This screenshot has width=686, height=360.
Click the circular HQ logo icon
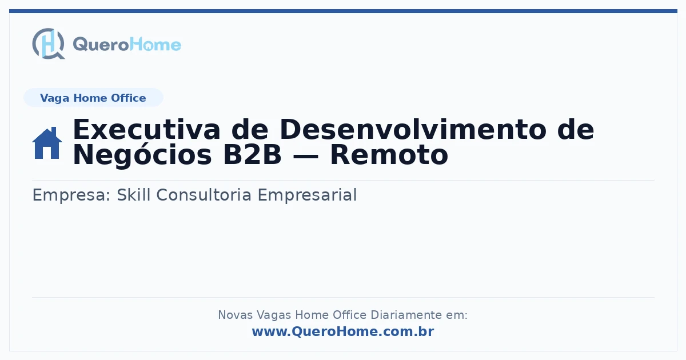(x=49, y=43)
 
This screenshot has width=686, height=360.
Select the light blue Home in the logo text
(x=155, y=45)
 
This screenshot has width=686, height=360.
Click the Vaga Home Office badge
(x=93, y=98)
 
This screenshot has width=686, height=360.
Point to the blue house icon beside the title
(x=47, y=143)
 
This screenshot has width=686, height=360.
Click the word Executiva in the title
(x=147, y=130)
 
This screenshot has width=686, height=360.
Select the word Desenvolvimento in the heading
(x=413, y=130)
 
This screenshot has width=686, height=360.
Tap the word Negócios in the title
(x=142, y=155)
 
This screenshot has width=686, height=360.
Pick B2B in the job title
(x=252, y=155)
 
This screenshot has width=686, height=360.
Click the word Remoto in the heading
(x=389, y=155)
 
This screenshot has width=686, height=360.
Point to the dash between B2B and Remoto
(x=306, y=157)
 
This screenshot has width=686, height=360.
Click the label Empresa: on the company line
(x=71, y=195)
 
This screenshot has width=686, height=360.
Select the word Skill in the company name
(x=134, y=195)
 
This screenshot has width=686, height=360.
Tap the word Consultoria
(x=204, y=195)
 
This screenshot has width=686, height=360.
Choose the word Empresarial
(x=307, y=195)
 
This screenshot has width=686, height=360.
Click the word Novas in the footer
(x=235, y=315)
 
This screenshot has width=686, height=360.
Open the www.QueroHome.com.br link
(x=343, y=331)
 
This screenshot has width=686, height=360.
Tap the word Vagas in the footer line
(x=274, y=315)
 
